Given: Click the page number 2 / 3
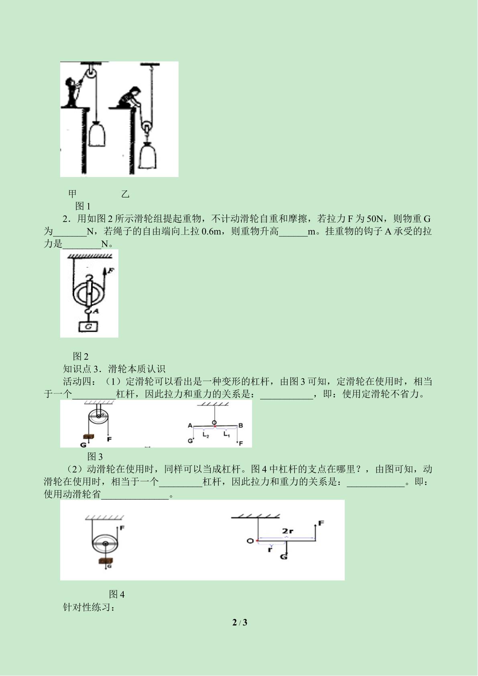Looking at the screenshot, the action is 240,622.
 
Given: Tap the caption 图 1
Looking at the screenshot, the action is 83,206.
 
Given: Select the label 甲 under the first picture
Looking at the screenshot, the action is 72,193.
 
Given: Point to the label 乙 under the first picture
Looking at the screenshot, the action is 125,194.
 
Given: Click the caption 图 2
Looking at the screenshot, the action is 81,356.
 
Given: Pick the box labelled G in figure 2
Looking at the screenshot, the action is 88,326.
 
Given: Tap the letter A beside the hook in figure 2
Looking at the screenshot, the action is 96,311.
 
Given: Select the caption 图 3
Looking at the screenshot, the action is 95,456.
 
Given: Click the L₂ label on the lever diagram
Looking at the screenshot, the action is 206,435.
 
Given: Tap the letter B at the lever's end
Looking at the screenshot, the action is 240,425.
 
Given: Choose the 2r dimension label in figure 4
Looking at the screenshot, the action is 288,531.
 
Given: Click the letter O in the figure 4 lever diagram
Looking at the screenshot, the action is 250,541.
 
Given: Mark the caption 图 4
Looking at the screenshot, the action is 117,595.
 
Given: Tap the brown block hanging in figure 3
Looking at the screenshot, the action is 88,436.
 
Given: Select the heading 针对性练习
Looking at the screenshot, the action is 89,607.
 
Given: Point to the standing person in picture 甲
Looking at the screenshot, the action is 72,92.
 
